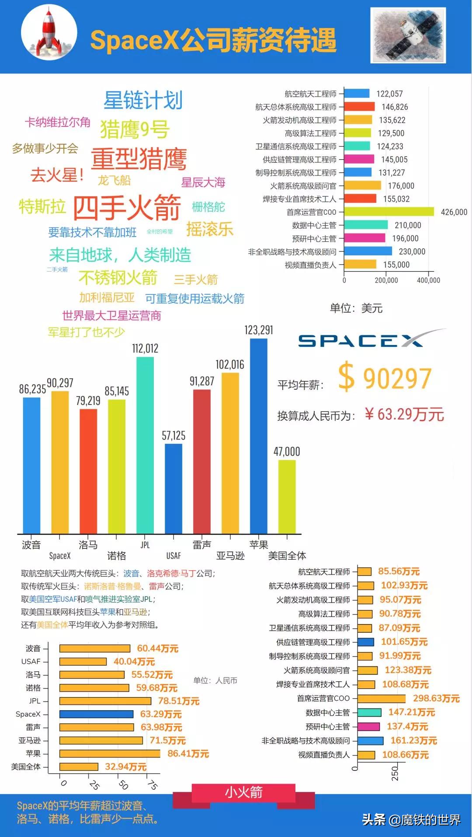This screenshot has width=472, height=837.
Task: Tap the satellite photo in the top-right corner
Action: click(408, 35)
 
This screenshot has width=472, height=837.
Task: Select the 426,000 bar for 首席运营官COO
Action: click(389, 212)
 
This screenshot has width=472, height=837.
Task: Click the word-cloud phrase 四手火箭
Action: click(127, 207)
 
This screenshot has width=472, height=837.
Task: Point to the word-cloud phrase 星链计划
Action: click(143, 100)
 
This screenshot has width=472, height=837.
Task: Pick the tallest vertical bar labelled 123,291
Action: click(258, 435)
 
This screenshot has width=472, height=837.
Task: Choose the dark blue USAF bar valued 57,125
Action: click(174, 488)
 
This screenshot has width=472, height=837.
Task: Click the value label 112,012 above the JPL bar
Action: click(145, 349)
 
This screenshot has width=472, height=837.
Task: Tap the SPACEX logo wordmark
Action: click(361, 341)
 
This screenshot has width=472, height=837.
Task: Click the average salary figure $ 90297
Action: click(385, 378)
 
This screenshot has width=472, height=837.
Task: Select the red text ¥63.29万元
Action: click(404, 414)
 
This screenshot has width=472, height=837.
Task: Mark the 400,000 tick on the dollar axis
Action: click(428, 280)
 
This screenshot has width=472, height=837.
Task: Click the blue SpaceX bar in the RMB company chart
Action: click(96, 714)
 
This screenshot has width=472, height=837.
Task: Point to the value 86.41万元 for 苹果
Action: click(188, 753)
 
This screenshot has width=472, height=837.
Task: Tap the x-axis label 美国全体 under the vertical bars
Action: click(287, 555)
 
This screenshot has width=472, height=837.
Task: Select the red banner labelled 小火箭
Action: click(243, 792)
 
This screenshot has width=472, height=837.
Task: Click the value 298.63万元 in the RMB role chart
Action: click(436, 698)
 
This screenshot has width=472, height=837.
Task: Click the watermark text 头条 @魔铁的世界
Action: click(411, 820)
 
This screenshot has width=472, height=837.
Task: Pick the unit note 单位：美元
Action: click(356, 308)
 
